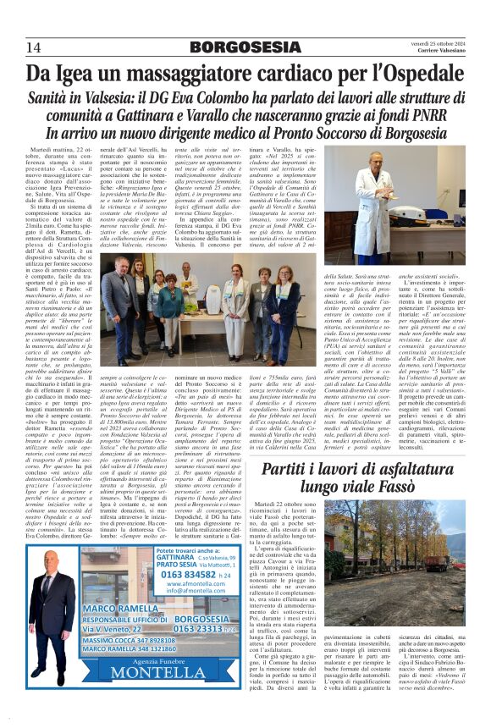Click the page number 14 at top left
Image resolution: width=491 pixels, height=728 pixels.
(x=34, y=46)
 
